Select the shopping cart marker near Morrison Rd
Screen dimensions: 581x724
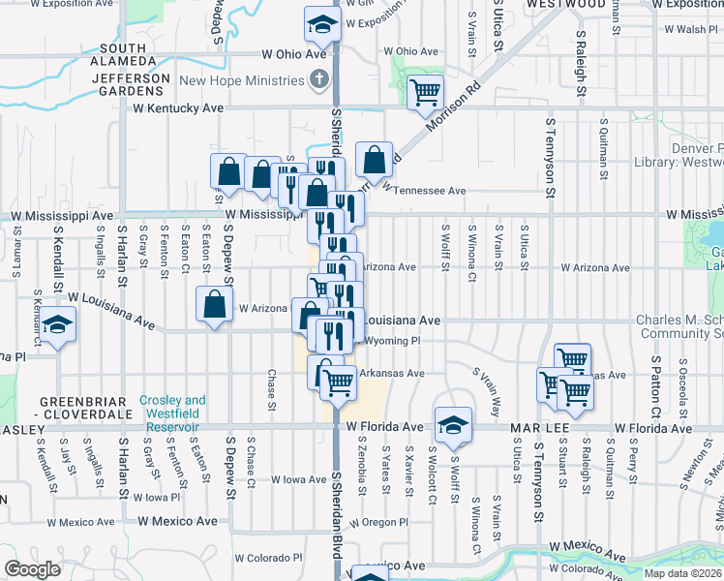pos(425,93)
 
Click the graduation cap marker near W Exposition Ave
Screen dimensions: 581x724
pos(321,25)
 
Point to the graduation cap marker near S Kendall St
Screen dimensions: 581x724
pos(58,323)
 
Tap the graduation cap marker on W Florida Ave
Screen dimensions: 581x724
pos(453,424)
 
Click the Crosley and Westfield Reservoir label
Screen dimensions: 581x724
pos(172,407)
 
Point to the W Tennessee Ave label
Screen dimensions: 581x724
pos(424,190)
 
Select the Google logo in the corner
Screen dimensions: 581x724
pos(32,569)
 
